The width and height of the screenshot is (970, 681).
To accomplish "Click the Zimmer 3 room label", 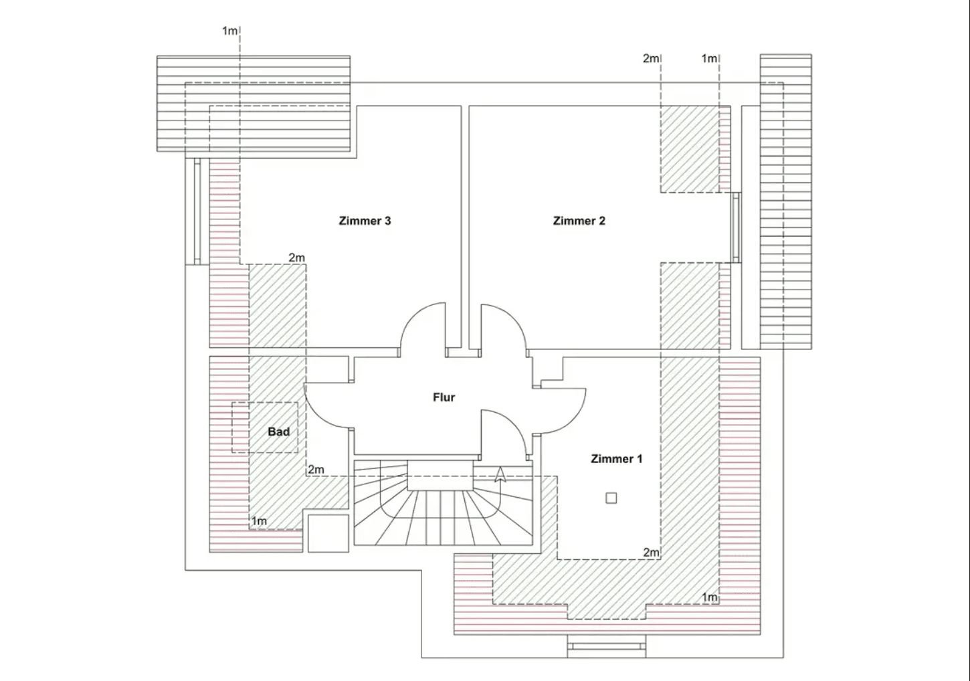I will pyautogui.click(x=365, y=221).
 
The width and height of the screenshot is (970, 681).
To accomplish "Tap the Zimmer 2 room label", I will pyautogui.click(x=579, y=221).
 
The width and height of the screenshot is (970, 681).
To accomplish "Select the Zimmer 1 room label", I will pyautogui.click(x=616, y=459).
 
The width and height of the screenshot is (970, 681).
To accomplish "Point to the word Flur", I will pyautogui.click(x=444, y=397).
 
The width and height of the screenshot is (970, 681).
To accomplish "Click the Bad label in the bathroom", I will pyautogui.click(x=278, y=432).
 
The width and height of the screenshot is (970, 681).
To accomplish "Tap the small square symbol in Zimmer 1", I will pyautogui.click(x=611, y=498).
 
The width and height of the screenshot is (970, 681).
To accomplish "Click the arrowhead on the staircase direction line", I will pyautogui.click(x=499, y=475).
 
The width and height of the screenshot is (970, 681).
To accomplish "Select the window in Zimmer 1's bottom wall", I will pyautogui.click(x=607, y=646).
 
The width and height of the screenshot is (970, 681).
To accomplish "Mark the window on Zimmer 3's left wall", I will pyautogui.click(x=196, y=211).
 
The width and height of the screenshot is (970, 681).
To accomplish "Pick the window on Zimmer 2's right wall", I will pyautogui.click(x=736, y=227).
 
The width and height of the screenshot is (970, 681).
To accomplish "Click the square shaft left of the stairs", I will pyautogui.click(x=328, y=532).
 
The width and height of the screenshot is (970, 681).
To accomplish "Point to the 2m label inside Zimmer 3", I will pyautogui.click(x=296, y=258).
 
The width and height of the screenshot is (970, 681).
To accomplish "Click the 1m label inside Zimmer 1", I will pyautogui.click(x=709, y=597).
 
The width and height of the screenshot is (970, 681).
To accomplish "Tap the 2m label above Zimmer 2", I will pyautogui.click(x=650, y=59).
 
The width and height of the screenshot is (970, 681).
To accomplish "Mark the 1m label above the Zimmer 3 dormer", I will pyautogui.click(x=229, y=31).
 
